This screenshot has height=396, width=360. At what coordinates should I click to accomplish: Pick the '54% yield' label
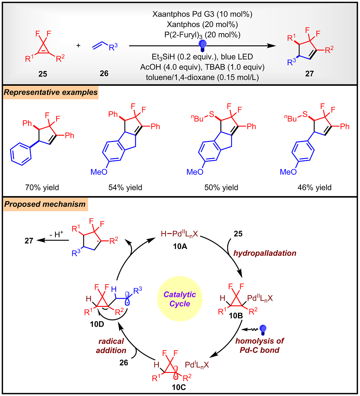[125, 187]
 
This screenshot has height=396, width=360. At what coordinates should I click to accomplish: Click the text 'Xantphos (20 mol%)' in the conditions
[198, 25]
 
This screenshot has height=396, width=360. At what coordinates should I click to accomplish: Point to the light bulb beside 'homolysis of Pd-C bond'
[264, 329]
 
